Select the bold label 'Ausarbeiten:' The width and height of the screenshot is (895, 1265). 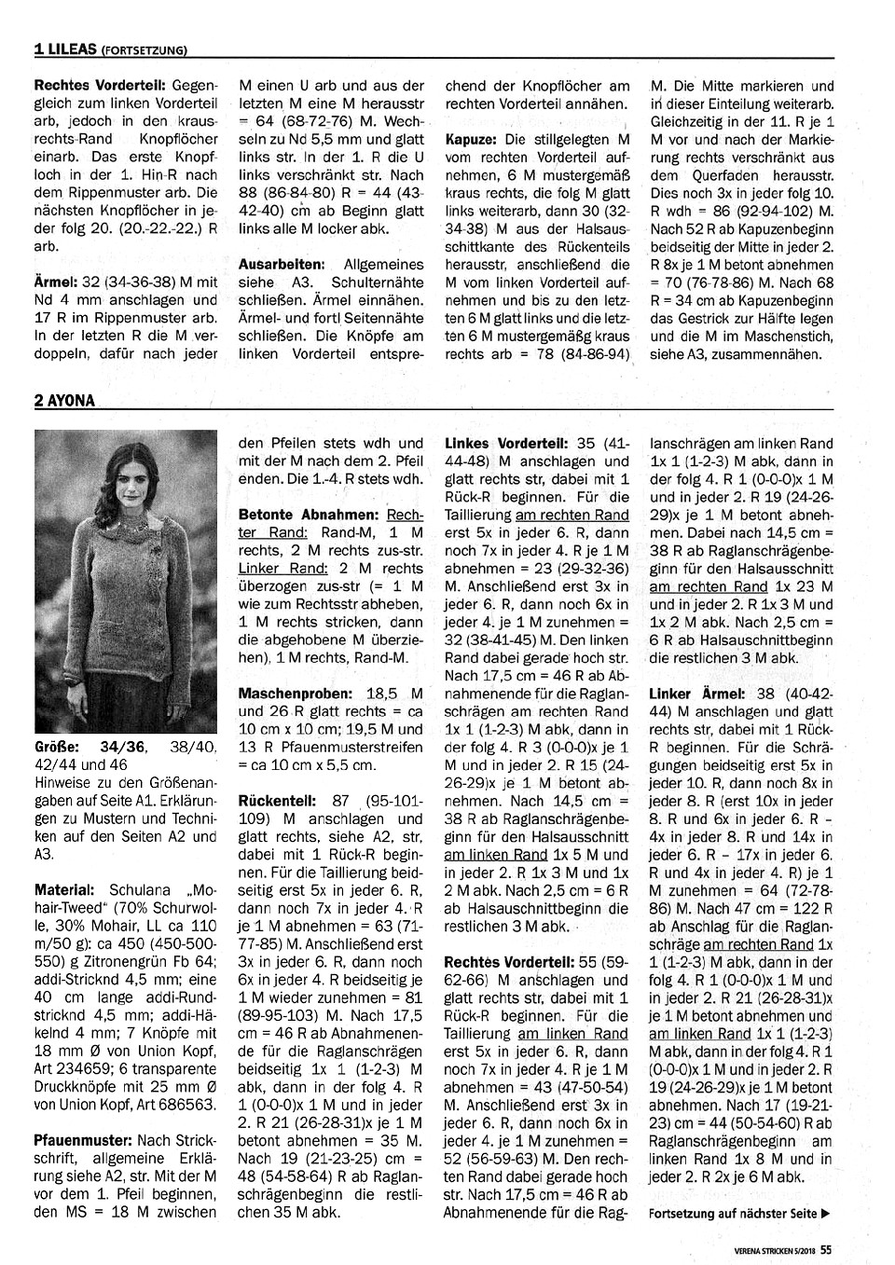pyautogui.click(x=282, y=265)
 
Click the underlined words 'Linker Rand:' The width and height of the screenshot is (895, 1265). pyautogui.click(x=271, y=569)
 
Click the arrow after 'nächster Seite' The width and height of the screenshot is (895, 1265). pyautogui.click(x=826, y=1214)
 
